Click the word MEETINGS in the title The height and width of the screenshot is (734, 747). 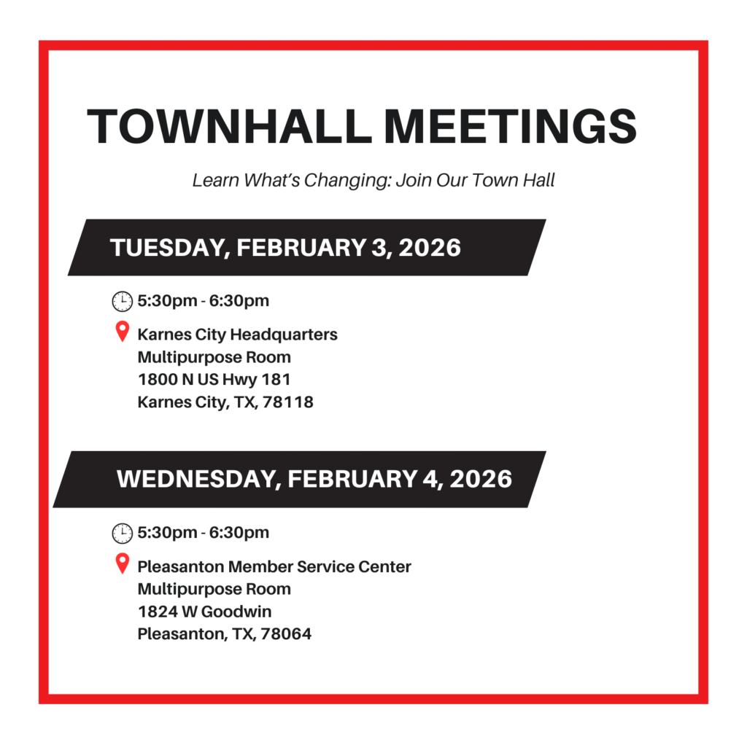pos(510,126)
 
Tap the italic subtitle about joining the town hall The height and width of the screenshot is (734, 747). pos(373,180)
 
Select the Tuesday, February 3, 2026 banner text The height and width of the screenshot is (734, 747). pos(285,247)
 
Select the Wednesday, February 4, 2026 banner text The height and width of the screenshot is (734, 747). pos(314,479)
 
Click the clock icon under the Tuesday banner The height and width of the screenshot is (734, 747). pos(122,301)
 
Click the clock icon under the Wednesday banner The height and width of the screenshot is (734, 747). pos(122,533)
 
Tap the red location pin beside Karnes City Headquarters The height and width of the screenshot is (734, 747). pos(123,332)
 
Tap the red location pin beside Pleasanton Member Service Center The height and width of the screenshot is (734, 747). pos(123,563)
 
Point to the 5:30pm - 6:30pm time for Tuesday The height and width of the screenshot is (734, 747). pos(203,300)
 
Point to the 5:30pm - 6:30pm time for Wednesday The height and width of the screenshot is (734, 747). pos(203,532)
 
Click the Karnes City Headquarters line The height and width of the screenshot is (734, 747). pos(237,335)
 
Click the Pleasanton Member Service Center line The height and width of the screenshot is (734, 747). pos(274,566)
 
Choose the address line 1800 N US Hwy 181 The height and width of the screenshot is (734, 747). pos(214,379)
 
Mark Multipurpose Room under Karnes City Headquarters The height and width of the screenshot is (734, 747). pos(214,357)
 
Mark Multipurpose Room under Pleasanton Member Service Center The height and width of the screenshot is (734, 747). pos(214,589)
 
